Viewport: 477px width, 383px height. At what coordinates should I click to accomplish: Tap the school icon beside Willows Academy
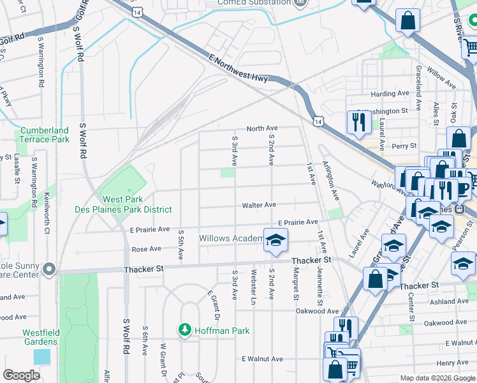click(275, 240)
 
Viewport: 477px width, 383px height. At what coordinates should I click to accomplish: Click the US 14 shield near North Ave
click(318, 121)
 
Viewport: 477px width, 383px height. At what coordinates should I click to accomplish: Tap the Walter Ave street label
click(258, 205)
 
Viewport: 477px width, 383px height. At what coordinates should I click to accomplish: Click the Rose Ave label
click(145, 249)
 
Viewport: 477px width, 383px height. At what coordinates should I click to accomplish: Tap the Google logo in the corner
click(21, 375)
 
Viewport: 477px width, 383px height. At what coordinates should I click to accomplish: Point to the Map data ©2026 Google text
click(437, 378)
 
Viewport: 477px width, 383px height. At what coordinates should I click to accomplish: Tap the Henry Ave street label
click(453, 363)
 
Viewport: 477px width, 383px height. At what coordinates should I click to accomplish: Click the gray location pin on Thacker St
click(49, 269)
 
